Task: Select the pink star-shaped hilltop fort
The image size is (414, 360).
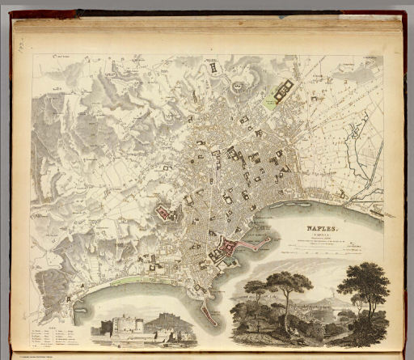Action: [166, 214]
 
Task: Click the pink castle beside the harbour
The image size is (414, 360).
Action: [230, 247]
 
